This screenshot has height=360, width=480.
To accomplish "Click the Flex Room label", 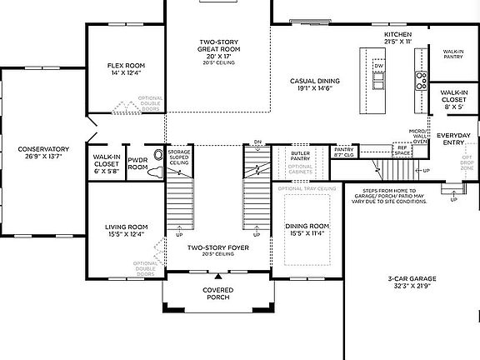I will (x=126, y=65).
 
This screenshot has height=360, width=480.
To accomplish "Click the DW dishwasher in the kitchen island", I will (x=378, y=65).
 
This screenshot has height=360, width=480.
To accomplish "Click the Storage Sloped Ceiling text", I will (x=179, y=158).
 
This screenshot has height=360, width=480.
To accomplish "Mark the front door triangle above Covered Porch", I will (x=217, y=276).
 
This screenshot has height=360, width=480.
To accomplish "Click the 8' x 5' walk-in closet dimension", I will (x=453, y=107).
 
